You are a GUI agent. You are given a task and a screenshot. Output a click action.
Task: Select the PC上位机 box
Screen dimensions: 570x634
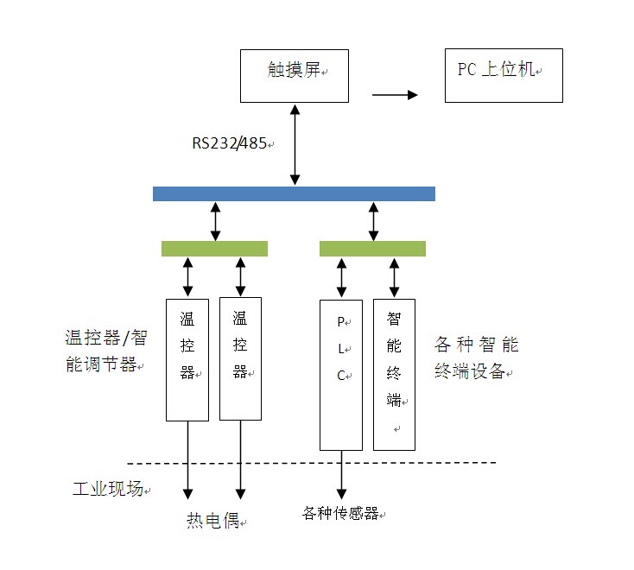tap(504, 76)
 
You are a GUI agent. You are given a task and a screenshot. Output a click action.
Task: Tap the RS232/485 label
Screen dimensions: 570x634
tap(231, 142)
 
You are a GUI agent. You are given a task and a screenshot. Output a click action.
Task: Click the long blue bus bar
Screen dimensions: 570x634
tap(294, 193)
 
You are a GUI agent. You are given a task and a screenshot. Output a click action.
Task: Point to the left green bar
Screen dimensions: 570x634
tap(214, 249)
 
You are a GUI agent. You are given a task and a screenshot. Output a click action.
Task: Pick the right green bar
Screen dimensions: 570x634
tap(372, 249)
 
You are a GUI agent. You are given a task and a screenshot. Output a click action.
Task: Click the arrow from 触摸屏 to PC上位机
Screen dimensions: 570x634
tap(394, 95)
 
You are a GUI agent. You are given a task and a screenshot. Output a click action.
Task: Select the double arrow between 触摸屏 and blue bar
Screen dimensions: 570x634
tap(295, 144)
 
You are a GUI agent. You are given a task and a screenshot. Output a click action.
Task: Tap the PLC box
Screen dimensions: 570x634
tap(341, 374)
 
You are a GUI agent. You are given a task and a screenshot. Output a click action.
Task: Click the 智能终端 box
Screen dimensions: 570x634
tap(394, 374)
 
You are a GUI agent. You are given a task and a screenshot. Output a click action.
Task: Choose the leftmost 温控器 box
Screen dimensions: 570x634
tap(187, 358)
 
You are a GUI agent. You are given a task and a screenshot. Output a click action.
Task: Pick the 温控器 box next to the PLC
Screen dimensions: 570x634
tap(240, 358)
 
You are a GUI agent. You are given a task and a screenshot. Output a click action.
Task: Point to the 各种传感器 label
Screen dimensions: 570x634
tap(341, 513)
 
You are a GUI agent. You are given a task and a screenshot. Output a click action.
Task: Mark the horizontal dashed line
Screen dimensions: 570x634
tap(311, 464)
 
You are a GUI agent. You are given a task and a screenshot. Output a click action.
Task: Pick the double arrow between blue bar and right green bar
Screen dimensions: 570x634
tap(373, 221)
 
